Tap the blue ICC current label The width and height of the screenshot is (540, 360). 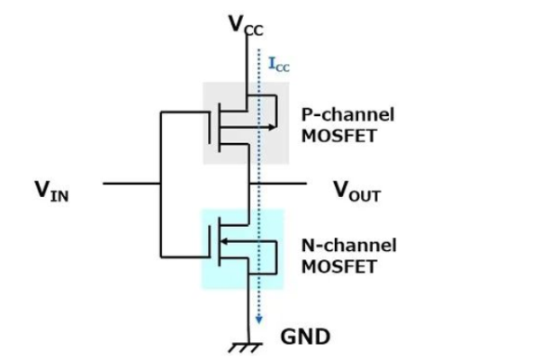(280, 64)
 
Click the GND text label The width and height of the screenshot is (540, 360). (306, 337)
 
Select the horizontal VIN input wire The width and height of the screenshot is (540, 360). (130, 184)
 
